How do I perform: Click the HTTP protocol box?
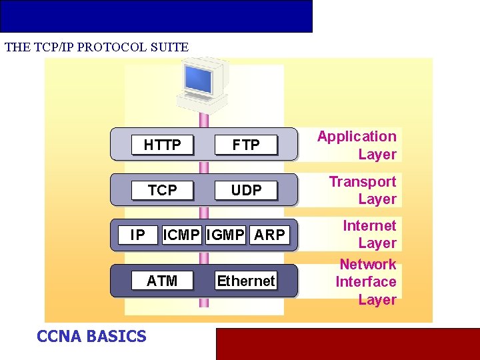coord(162,145)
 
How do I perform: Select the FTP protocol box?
coord(245,145)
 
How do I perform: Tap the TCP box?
coord(162,190)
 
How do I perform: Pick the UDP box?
coord(245,190)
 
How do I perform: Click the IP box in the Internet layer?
coord(137,235)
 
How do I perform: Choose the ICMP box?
coord(181,235)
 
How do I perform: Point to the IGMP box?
coord(226,235)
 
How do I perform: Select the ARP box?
coord(269,235)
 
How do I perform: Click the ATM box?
coord(162,281)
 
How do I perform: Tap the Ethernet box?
coord(245,281)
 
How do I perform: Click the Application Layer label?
coord(357,145)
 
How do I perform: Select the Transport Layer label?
coord(363,190)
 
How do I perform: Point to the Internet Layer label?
coord(369,234)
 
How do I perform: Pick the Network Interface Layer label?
coord(366,281)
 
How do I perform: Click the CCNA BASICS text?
coord(91,336)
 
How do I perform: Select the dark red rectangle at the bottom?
coord(347,343)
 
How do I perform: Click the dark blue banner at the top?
coord(156,16)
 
